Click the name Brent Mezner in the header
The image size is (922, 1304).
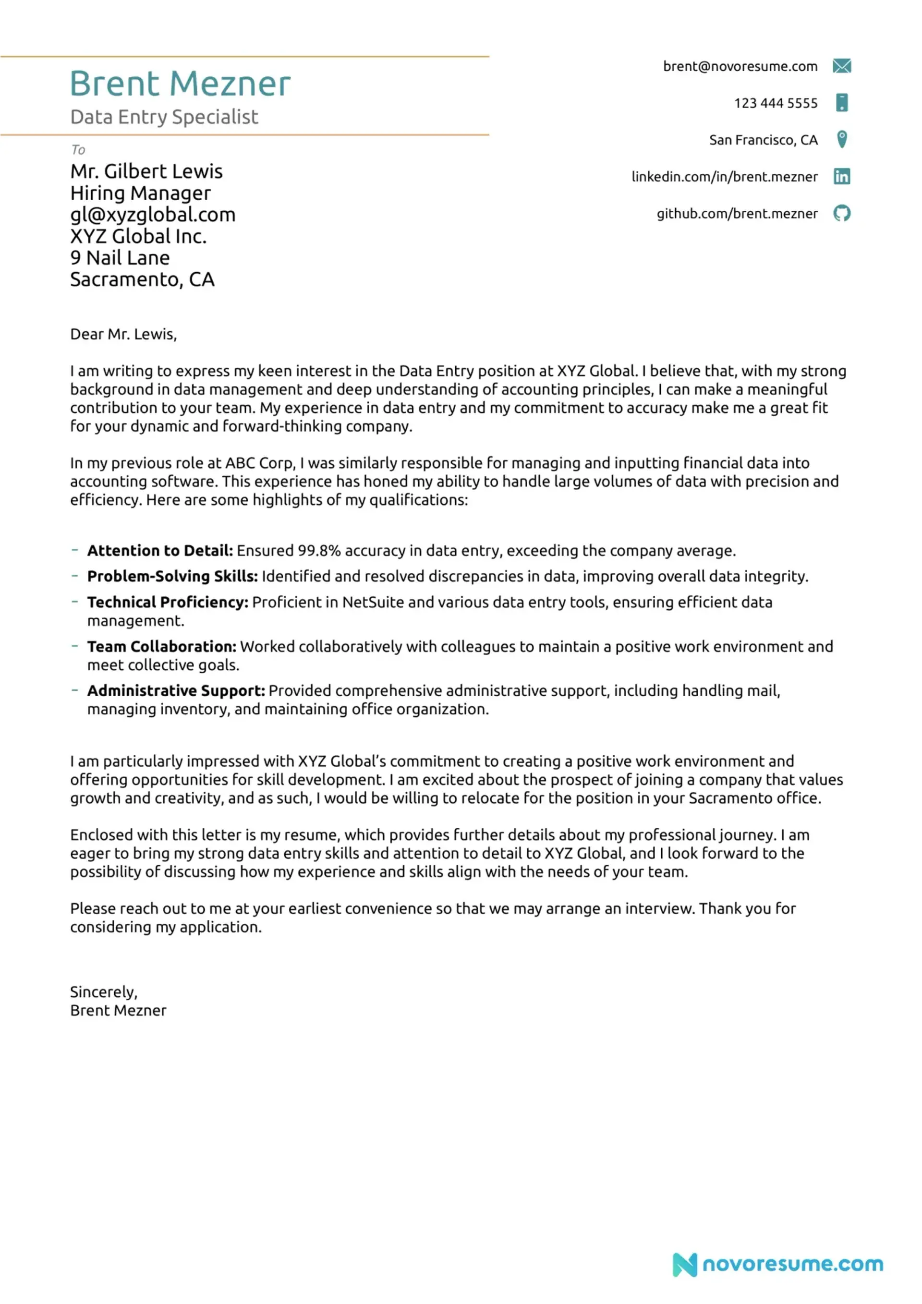(180, 84)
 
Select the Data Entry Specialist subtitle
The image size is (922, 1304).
(164, 117)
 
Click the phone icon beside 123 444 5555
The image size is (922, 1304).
(842, 103)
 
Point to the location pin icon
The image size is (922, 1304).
(842, 139)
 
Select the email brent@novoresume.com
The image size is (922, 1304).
(740, 66)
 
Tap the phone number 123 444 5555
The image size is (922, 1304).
(776, 103)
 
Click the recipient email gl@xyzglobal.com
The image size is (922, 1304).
(153, 215)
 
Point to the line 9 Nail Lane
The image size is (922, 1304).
(120, 258)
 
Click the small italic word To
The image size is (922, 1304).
(78, 150)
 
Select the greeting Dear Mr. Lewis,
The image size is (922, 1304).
(123, 334)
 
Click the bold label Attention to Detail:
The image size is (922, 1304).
(159, 550)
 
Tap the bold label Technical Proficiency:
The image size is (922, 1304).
(168, 602)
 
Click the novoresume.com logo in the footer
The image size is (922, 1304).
(778, 1264)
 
